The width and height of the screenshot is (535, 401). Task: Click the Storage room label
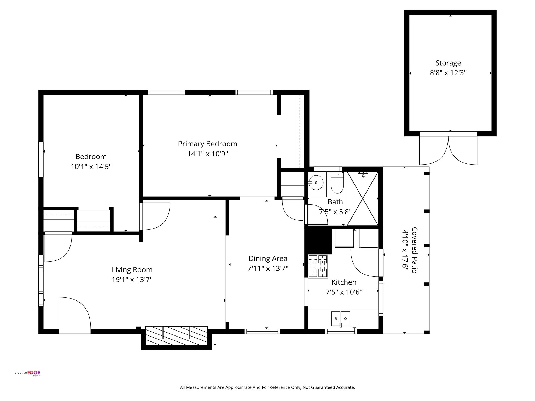[x=448, y=63]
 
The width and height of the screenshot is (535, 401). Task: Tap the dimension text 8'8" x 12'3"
[x=448, y=73]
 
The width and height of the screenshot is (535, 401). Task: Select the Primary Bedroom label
[x=207, y=144]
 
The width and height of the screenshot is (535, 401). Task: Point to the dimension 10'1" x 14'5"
[x=91, y=167]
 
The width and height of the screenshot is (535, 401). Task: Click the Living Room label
[x=132, y=270]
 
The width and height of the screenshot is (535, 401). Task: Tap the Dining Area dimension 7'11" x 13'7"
[x=268, y=268]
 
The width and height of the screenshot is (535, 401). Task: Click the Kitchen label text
[x=344, y=282]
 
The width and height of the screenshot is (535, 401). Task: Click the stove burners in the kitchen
[x=318, y=266]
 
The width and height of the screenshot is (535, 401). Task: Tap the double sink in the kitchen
[x=341, y=319]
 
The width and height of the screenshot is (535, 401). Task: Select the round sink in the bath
[x=316, y=182]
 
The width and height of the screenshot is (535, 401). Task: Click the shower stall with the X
[x=363, y=198]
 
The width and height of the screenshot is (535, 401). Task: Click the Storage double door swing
[x=448, y=150]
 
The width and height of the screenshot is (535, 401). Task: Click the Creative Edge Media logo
[x=27, y=373]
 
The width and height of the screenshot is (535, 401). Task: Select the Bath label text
[x=335, y=202]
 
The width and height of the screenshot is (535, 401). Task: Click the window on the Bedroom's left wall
[x=41, y=159]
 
